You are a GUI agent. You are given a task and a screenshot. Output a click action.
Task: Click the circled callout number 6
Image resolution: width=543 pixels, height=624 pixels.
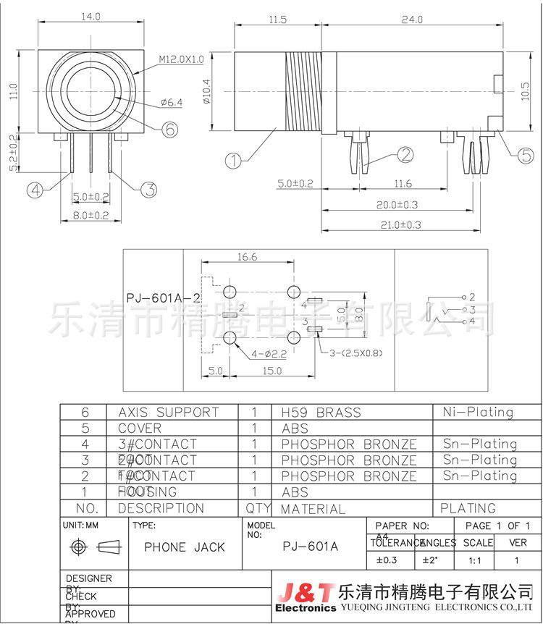click(x=168, y=130)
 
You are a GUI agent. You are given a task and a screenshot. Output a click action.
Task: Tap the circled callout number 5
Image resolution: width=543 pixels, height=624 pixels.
click(x=526, y=153)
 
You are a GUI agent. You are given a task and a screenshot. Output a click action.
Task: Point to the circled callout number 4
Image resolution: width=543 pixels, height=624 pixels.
click(x=35, y=190)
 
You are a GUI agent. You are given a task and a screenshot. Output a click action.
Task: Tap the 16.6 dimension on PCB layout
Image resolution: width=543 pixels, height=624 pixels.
click(x=245, y=256)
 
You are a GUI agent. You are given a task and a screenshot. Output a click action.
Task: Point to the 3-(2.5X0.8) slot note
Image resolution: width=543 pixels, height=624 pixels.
click(x=355, y=353)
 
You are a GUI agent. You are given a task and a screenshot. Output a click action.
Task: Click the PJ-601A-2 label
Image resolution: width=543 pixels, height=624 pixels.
click(x=162, y=298)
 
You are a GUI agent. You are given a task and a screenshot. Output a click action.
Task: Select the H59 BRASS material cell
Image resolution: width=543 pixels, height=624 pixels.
click(x=321, y=413)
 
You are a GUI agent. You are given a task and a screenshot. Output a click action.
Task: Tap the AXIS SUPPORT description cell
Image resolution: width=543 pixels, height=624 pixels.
click(x=168, y=413)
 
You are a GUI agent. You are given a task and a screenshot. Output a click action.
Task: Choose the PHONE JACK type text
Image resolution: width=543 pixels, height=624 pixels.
click(x=185, y=547)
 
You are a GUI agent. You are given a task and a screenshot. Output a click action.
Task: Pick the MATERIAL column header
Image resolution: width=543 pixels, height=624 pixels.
click(x=313, y=509)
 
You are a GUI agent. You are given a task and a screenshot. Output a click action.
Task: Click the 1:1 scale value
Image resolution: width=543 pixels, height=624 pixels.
click(x=475, y=560)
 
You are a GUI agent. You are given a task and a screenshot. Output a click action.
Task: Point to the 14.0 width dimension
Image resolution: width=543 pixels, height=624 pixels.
click(x=91, y=16)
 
